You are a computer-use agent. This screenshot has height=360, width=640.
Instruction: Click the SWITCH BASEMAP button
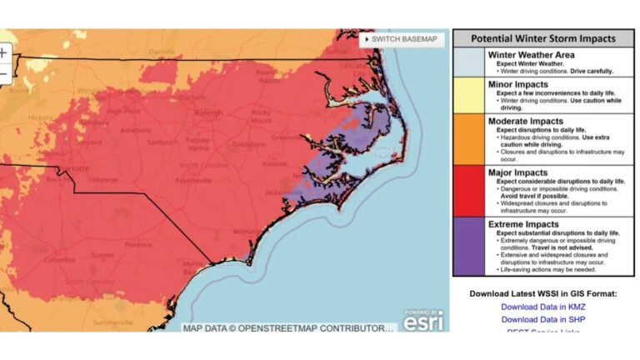pyautogui.click(x=402, y=39)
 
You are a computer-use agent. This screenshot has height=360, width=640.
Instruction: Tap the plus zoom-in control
pyautogui.click(x=3, y=52)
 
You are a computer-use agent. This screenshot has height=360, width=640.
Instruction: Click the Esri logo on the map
pyautogui.click(x=423, y=319)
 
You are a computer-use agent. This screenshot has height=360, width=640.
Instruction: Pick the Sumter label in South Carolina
pyautogui.click(x=103, y=255)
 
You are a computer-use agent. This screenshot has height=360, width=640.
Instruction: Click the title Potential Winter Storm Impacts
pyautogui.click(x=542, y=38)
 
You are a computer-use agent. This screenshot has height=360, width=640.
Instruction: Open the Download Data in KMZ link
pyautogui.click(x=542, y=307)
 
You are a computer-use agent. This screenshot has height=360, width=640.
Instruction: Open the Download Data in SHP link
pyautogui.click(x=542, y=319)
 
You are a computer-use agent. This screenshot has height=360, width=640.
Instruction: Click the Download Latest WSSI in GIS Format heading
pyautogui.click(x=542, y=293)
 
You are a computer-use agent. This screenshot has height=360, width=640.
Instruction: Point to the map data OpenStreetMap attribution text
pyautogui.click(x=287, y=328)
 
